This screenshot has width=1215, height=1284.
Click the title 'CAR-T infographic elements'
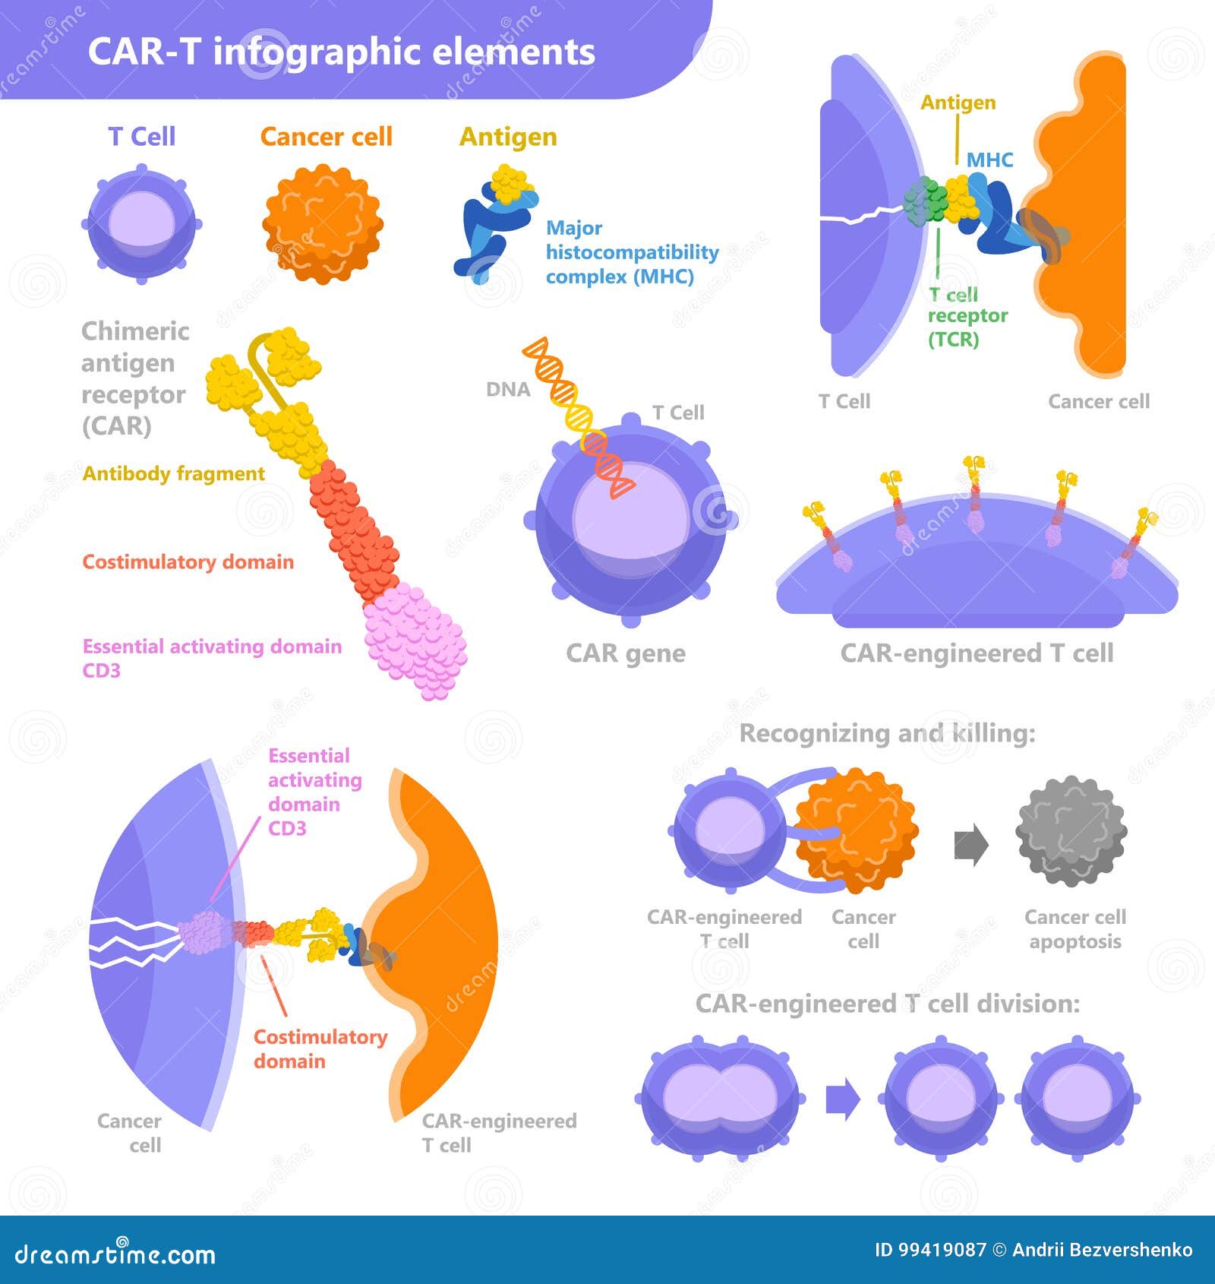341,52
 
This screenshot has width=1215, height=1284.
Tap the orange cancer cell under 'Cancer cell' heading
323,224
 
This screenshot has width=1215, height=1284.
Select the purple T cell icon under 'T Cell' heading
142,224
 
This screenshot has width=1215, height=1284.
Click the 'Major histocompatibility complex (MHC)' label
632,251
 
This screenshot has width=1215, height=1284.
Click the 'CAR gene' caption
626,653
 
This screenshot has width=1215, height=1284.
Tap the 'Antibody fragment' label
173,473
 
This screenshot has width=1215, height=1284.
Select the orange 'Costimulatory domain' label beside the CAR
188,561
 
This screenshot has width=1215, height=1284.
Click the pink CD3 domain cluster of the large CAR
415,640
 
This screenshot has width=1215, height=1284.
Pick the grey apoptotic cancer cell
1071,831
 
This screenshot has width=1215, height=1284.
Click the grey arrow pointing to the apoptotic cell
971,845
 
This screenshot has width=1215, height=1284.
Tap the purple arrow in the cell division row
843,1099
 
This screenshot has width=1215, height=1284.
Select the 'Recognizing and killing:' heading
887,733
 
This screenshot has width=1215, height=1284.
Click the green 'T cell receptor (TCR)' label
967,316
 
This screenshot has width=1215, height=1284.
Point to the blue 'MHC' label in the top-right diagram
989,160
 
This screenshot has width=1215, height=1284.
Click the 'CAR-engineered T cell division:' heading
888,1004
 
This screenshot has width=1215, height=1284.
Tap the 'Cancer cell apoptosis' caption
1075,929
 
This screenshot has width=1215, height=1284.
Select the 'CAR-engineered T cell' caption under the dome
977,653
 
